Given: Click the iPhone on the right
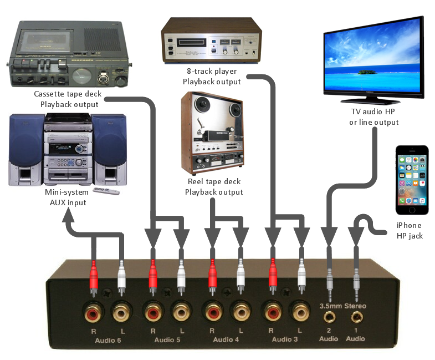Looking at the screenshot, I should [412, 180].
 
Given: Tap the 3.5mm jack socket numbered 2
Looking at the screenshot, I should [330, 318].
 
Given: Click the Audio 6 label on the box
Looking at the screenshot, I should [108, 340].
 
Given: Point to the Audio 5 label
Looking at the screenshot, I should [167, 340].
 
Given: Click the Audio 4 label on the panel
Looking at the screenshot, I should [226, 340].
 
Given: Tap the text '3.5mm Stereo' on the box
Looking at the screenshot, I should [343, 306].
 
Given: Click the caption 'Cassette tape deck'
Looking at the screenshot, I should [68, 94].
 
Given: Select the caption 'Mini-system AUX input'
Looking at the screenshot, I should [66, 197].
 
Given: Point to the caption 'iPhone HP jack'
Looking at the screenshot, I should [410, 231].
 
